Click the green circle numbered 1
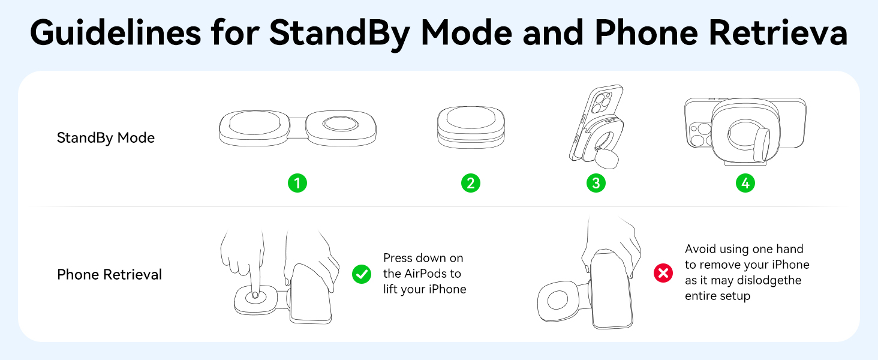pyautogui.click(x=297, y=183)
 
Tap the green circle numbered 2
pyautogui.click(x=471, y=183)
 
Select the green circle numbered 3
pyautogui.click(x=596, y=183)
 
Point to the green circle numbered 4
pyautogui.click(x=745, y=183)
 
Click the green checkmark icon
pyautogui.click(x=362, y=274)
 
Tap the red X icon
pyautogui.click(x=663, y=274)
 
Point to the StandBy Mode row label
pyautogui.click(x=106, y=138)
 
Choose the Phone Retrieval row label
pyautogui.click(x=109, y=275)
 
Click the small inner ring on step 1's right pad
pyautogui.click(x=340, y=124)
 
